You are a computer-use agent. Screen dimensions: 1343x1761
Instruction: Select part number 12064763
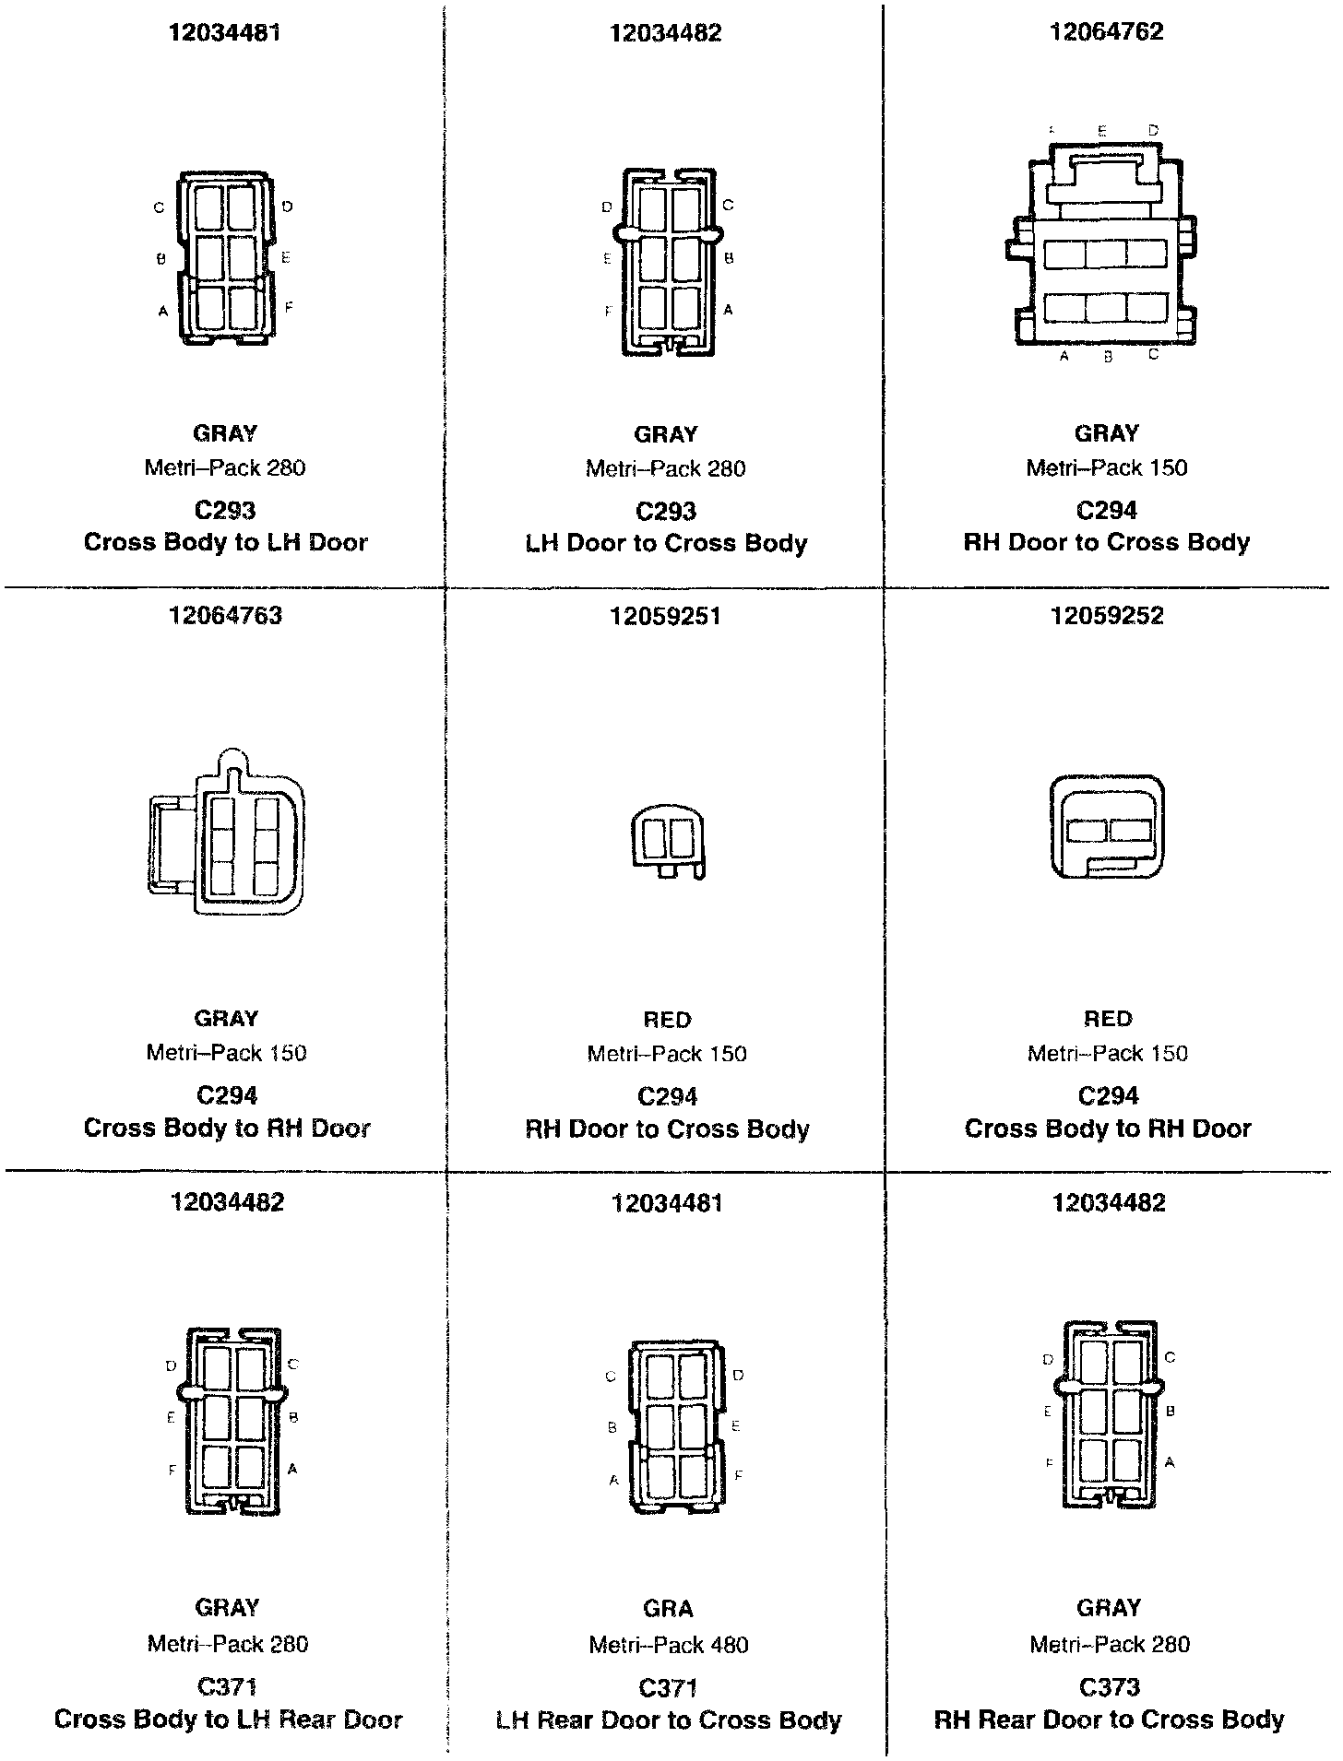(x=225, y=615)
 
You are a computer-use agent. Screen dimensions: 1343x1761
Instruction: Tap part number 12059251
(x=666, y=616)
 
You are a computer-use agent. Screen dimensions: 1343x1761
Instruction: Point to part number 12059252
(x=1107, y=616)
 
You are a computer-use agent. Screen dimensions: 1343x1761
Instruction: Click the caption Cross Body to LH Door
(x=226, y=542)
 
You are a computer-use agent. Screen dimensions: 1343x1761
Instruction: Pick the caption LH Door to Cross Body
(x=666, y=543)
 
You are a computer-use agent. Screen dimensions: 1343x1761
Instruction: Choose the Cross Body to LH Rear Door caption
(x=228, y=1720)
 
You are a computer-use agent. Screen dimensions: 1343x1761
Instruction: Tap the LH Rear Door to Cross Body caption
(x=669, y=1720)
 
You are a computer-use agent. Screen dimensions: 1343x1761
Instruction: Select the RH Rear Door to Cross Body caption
(x=1109, y=1720)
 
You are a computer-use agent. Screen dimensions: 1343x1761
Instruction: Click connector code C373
(x=1109, y=1687)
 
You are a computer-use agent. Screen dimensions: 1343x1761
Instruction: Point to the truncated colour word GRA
(x=668, y=1609)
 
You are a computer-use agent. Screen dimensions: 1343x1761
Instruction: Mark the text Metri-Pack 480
(x=669, y=1645)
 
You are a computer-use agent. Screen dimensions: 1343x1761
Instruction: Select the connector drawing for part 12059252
(x=1107, y=828)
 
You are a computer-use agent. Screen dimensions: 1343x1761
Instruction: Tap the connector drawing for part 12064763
(x=227, y=834)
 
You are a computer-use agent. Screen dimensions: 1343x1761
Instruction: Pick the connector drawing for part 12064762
(x=1103, y=244)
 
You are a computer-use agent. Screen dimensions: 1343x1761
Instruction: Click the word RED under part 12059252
(x=1107, y=1019)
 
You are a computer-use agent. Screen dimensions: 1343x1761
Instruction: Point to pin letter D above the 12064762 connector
(x=1153, y=131)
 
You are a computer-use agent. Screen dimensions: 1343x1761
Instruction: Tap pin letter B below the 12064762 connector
(x=1108, y=358)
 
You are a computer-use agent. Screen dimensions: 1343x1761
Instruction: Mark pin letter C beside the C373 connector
(x=1170, y=1357)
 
